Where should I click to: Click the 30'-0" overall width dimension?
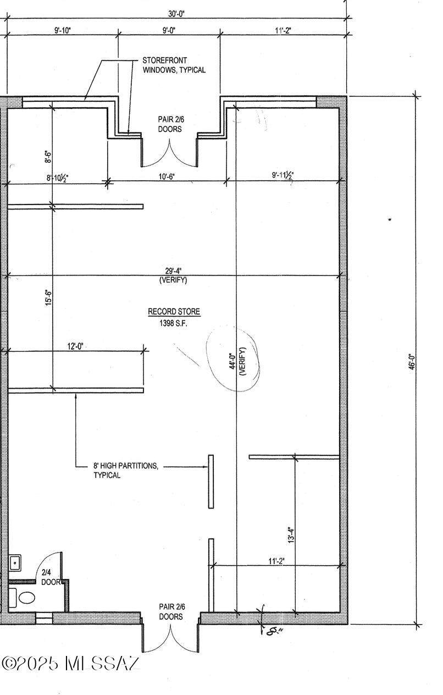176,14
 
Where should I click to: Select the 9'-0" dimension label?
169,30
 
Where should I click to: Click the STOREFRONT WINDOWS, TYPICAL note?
174,65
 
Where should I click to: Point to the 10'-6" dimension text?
167,176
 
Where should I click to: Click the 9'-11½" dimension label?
283,175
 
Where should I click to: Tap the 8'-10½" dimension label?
57,178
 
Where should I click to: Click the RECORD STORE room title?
174,312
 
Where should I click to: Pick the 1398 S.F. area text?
174,323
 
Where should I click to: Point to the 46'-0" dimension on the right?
412,362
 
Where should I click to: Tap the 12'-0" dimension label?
76,346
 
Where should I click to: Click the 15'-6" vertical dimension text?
49,298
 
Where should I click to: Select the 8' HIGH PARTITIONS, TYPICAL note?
126,470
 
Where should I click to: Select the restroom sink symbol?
15,562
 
